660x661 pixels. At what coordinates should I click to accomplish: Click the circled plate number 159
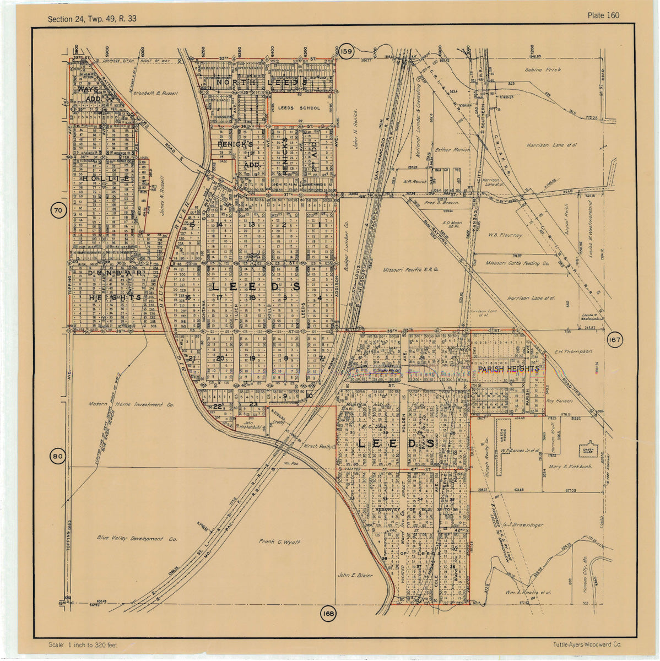(x=346, y=52)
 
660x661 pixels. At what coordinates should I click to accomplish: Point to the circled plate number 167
(x=614, y=340)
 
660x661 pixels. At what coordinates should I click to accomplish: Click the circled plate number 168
(x=329, y=614)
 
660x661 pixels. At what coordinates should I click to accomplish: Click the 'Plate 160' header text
(x=603, y=15)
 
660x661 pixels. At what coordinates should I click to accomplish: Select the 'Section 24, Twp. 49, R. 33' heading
(x=92, y=19)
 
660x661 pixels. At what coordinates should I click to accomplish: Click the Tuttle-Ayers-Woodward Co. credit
(x=587, y=644)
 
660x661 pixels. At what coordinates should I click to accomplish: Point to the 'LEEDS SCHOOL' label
(x=299, y=109)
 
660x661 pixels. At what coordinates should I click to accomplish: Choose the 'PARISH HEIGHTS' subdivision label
(x=507, y=370)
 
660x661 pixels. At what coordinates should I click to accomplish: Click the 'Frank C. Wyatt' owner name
(x=279, y=542)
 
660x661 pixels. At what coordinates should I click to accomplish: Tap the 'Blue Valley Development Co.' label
(x=137, y=539)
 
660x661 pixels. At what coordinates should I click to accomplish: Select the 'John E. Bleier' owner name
(x=355, y=575)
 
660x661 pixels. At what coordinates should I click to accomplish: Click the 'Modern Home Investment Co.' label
(x=131, y=404)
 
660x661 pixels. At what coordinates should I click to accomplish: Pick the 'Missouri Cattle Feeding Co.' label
(x=517, y=264)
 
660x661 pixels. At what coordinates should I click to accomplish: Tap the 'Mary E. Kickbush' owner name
(x=570, y=467)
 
